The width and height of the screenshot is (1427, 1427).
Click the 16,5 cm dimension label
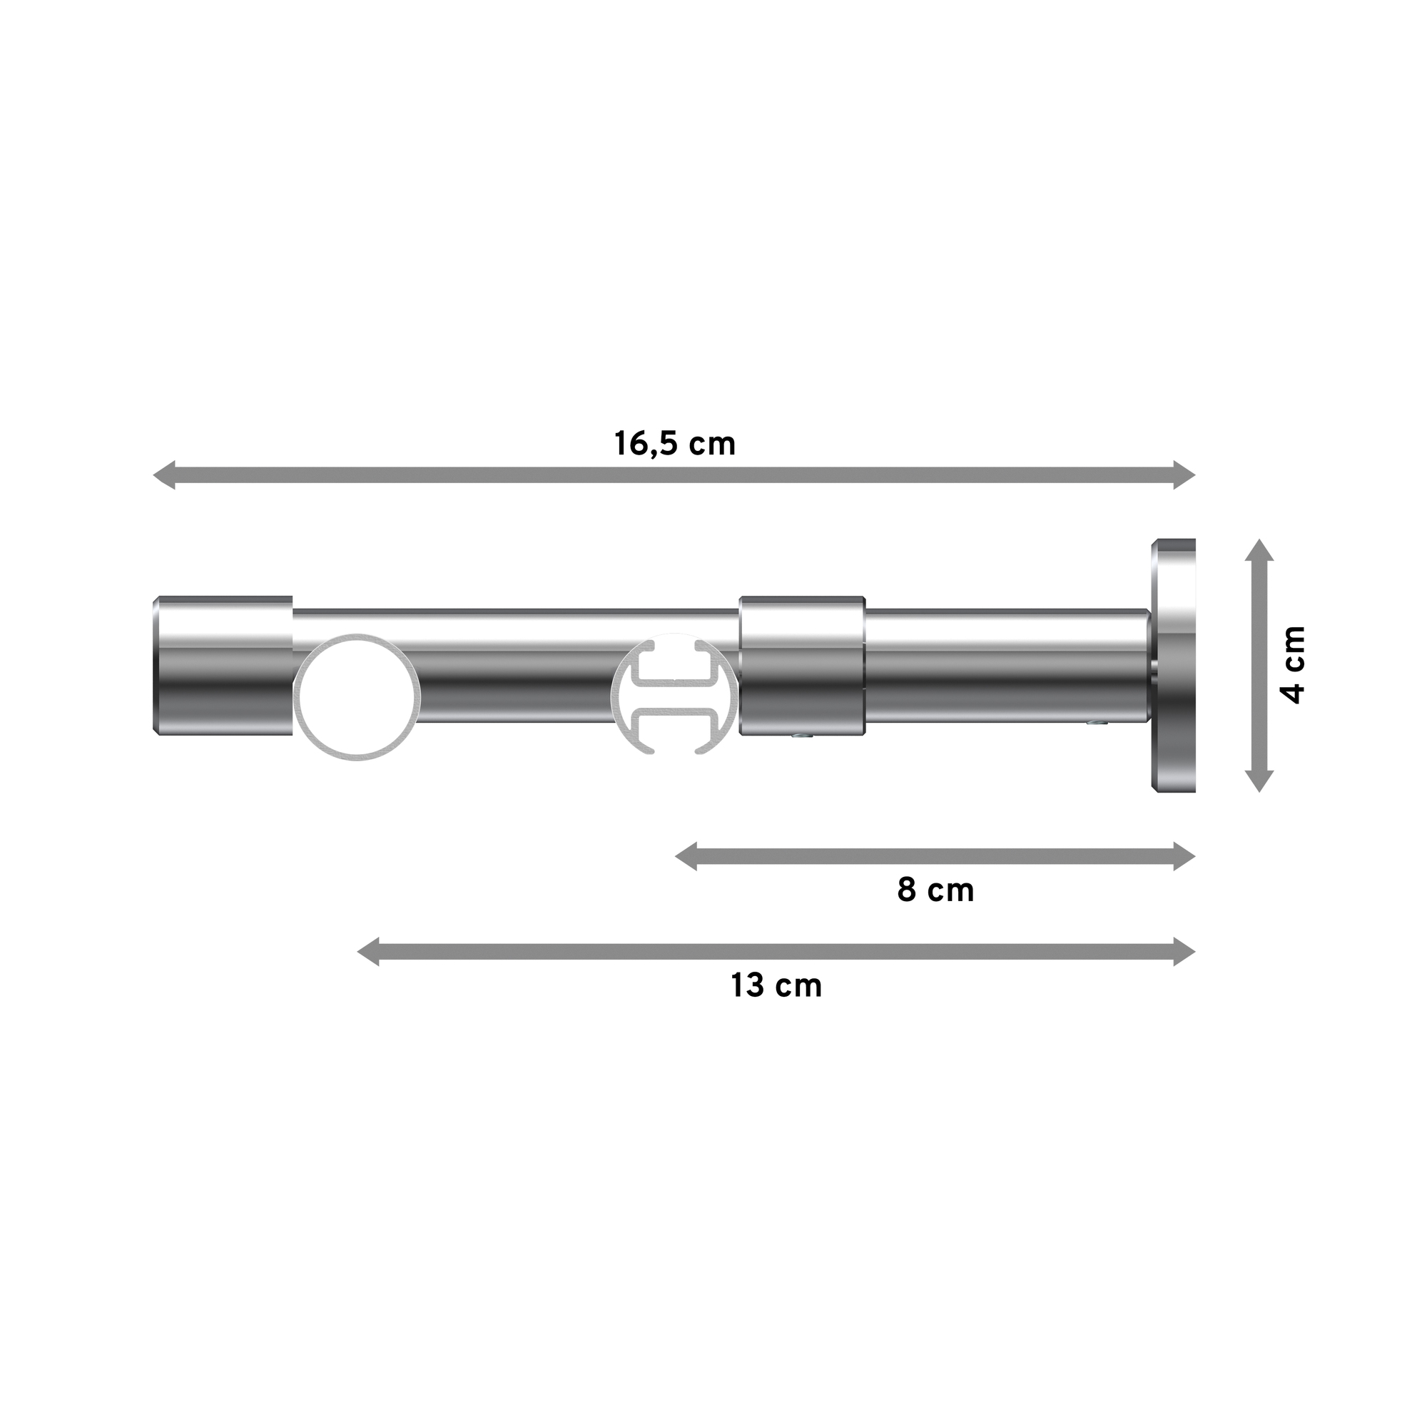point(674,444)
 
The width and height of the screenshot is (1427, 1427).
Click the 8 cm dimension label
point(935,890)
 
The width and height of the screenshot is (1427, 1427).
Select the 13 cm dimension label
point(776,985)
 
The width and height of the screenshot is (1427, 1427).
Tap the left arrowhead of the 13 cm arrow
point(369,952)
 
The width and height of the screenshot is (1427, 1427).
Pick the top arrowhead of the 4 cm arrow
point(1259,550)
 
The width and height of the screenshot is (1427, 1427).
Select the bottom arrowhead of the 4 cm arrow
point(1259,780)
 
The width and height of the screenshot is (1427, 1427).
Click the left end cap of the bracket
point(223,666)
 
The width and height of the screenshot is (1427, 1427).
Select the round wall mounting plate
point(1173,666)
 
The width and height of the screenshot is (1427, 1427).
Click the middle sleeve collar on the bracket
point(802,666)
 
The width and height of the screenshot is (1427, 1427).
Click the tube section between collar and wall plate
point(1005,666)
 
